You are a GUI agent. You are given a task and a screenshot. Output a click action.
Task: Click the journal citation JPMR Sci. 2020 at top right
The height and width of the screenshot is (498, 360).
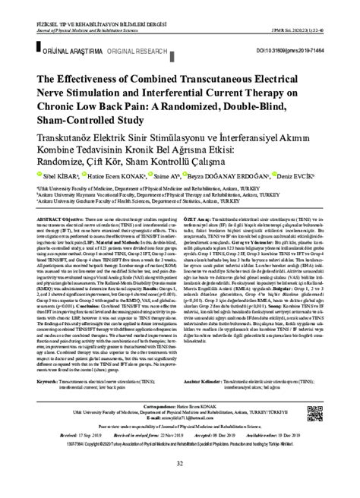(311, 9)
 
